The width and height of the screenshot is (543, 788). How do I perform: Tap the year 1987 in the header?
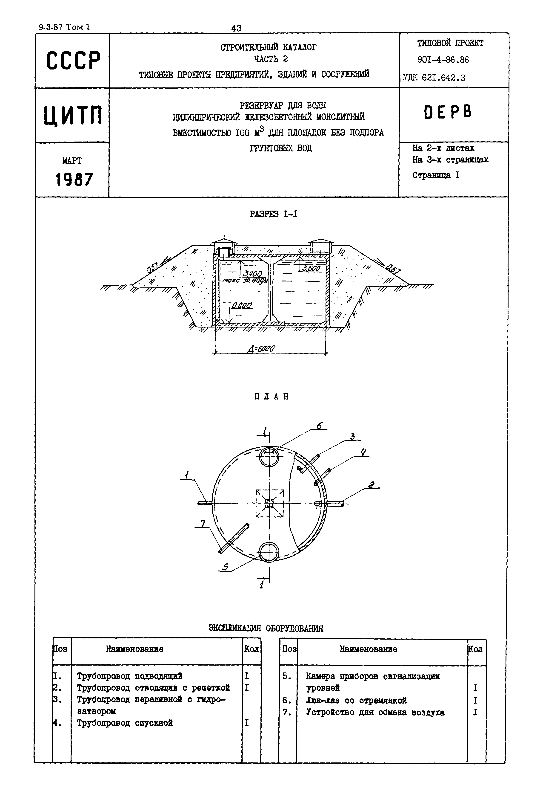coord(74,180)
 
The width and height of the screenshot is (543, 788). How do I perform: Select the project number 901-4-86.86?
coord(443,60)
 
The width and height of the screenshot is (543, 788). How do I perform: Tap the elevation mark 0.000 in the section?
coord(242,306)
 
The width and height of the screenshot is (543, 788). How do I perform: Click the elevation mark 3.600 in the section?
coord(311,268)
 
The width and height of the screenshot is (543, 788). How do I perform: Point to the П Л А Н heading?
coord(271,396)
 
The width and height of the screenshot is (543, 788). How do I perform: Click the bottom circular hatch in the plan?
coord(269,552)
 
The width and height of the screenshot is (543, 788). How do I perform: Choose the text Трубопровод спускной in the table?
coord(125,723)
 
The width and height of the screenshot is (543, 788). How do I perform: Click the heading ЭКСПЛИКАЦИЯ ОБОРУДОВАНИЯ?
coord(266,628)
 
